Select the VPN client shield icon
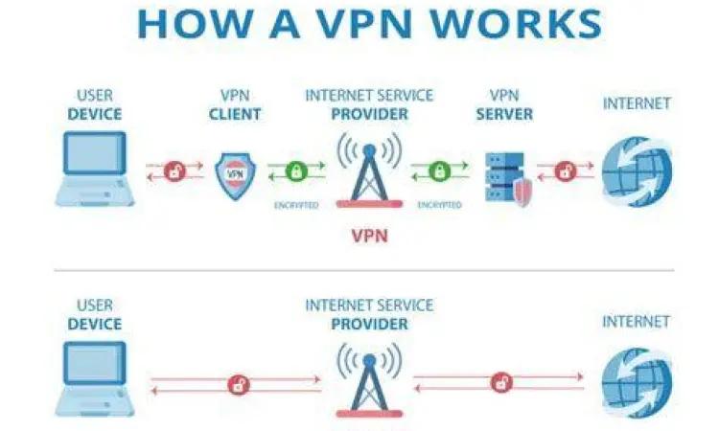click(x=235, y=173)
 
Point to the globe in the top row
click(x=637, y=170)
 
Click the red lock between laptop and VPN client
click(x=174, y=172)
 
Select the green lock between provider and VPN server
click(x=439, y=172)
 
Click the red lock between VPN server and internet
click(x=566, y=172)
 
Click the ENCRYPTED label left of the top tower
click(x=295, y=205)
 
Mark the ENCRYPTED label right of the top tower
click(x=439, y=205)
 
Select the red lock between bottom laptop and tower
click(x=237, y=385)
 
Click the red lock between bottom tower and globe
click(x=499, y=383)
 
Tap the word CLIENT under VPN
click(x=235, y=114)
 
